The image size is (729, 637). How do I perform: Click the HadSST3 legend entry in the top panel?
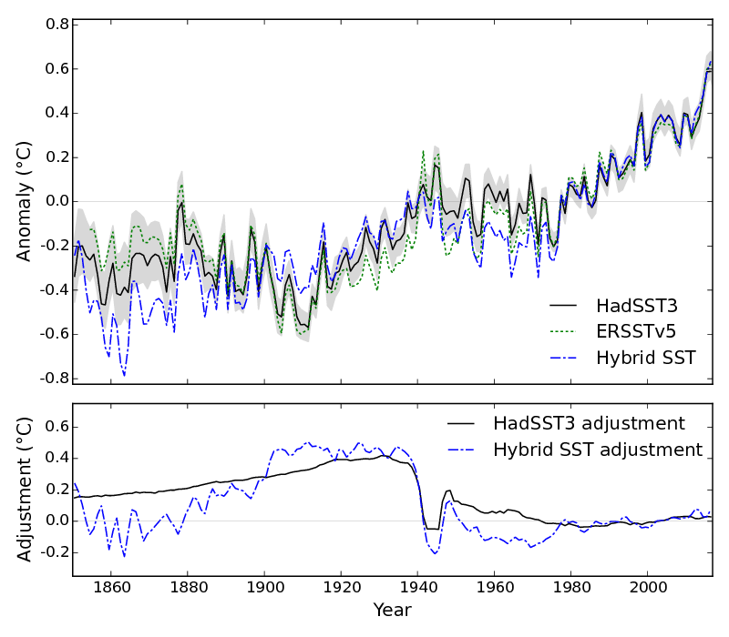tap(636, 304)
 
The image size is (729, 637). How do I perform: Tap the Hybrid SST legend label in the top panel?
tap(646, 358)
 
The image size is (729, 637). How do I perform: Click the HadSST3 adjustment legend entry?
tap(589, 423)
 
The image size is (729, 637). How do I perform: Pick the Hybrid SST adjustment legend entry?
tap(598, 450)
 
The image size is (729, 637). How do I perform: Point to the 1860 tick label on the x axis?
tap(111, 587)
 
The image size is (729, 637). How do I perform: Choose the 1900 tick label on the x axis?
tap(264, 587)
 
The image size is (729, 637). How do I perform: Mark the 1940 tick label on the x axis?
tap(418, 587)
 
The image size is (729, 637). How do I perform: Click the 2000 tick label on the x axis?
tap(648, 587)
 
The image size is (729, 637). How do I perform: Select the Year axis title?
tap(393, 611)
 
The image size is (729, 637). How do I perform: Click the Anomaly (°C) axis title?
tap(25, 201)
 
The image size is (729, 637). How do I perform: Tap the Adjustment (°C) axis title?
tap(25, 490)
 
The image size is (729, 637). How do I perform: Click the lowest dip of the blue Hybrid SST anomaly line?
tap(124, 375)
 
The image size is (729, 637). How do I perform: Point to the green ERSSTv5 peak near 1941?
tap(423, 151)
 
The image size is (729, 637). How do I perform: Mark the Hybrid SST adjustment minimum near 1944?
tap(435, 553)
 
